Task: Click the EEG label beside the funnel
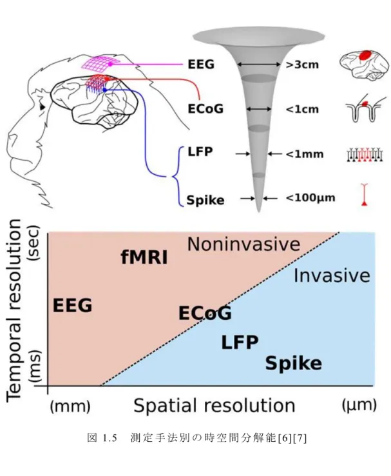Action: click(x=201, y=64)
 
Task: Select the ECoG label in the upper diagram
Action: click(x=205, y=108)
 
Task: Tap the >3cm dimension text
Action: click(x=302, y=64)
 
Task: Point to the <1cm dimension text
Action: click(x=302, y=109)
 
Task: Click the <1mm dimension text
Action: click(x=305, y=154)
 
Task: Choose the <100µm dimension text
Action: click(x=310, y=198)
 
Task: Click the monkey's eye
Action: click(x=43, y=107)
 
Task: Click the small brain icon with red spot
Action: click(x=364, y=65)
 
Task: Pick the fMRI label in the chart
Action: click(x=144, y=257)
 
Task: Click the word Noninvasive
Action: click(x=243, y=244)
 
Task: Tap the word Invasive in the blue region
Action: click(x=332, y=275)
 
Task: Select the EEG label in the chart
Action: click(x=72, y=305)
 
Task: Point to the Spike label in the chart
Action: click(x=293, y=363)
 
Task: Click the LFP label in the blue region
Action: click(x=240, y=342)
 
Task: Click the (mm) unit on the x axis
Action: click(x=70, y=406)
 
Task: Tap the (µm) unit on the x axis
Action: click(x=359, y=405)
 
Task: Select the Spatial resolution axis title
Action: click(x=215, y=406)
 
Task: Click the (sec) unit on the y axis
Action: click(x=33, y=243)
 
